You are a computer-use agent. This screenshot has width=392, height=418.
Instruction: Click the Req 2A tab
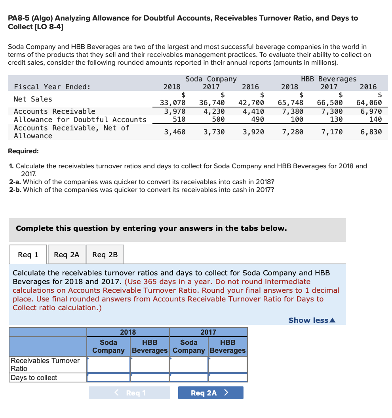67,255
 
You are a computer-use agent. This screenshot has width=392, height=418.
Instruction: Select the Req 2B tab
105,255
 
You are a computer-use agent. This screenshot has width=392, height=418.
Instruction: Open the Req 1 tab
28,255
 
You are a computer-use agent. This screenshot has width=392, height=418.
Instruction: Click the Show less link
312,320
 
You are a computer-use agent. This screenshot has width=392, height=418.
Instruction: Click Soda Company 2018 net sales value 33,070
172,103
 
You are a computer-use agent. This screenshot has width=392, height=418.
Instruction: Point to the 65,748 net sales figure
291,103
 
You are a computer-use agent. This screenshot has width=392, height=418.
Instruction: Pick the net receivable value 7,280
293,132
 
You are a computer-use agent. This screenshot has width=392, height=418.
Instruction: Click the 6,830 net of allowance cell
371,132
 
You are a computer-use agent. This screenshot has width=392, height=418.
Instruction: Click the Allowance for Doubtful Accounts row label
80,119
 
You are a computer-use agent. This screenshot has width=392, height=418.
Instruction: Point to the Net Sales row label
33,99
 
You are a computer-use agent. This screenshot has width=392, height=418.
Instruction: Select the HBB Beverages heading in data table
329,79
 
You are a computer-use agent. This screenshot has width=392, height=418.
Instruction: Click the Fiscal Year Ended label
52,87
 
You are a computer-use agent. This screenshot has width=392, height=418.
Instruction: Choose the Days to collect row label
34,378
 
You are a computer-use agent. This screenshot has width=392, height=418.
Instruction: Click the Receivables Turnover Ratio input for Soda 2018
108,365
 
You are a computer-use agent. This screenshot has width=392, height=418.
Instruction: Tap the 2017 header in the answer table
208,332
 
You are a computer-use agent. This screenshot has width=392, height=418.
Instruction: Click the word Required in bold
23,151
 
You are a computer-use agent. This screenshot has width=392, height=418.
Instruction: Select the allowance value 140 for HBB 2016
375,119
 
